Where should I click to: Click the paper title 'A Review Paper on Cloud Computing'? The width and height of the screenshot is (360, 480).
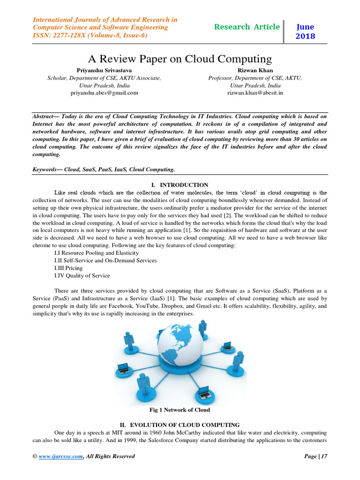point(180,59)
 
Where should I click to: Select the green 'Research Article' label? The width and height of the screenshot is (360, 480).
point(247,27)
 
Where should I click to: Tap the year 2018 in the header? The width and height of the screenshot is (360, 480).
point(306,36)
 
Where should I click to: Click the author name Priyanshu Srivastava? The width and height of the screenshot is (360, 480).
point(104,70)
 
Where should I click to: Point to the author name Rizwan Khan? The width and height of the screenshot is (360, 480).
point(255,70)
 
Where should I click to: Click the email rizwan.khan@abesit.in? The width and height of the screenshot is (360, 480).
point(255,93)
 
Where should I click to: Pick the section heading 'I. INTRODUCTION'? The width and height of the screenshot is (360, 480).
point(180,185)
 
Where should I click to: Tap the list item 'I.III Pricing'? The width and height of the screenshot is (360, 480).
point(68,268)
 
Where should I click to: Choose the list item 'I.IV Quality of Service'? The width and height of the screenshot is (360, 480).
point(82,276)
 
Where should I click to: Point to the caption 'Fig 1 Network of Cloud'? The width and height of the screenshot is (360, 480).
point(180,410)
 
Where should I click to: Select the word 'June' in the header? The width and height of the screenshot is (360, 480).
point(306,27)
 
